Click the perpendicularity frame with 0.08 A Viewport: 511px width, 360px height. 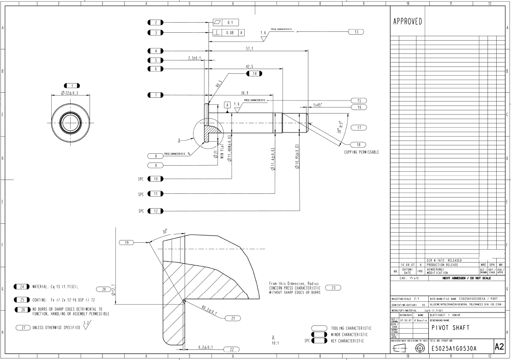[229, 32]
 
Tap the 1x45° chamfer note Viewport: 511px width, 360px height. [318, 105]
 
